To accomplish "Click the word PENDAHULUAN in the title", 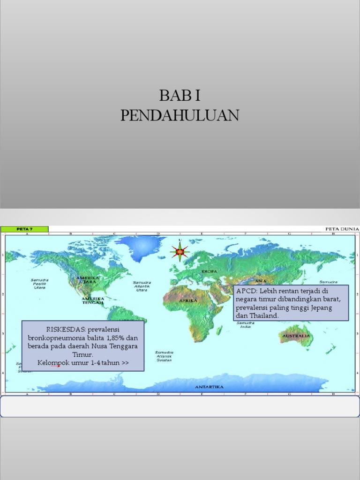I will pos(180,115).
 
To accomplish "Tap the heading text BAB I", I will pos(180,95).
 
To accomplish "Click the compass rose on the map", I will pos(180,252).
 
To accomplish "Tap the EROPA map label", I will pos(209,271).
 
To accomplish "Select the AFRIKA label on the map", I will pos(188,300).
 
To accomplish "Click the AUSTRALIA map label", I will pos(296,336).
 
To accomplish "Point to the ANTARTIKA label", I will pos(209,387).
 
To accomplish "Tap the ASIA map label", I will pos(261,281).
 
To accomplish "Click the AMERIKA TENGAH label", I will pos(93,300).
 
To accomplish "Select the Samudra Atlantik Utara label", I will pos(142,286).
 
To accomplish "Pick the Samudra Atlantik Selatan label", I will pos(164,356).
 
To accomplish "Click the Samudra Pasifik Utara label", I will pos(40,284).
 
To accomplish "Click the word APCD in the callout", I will pos(245,291).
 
